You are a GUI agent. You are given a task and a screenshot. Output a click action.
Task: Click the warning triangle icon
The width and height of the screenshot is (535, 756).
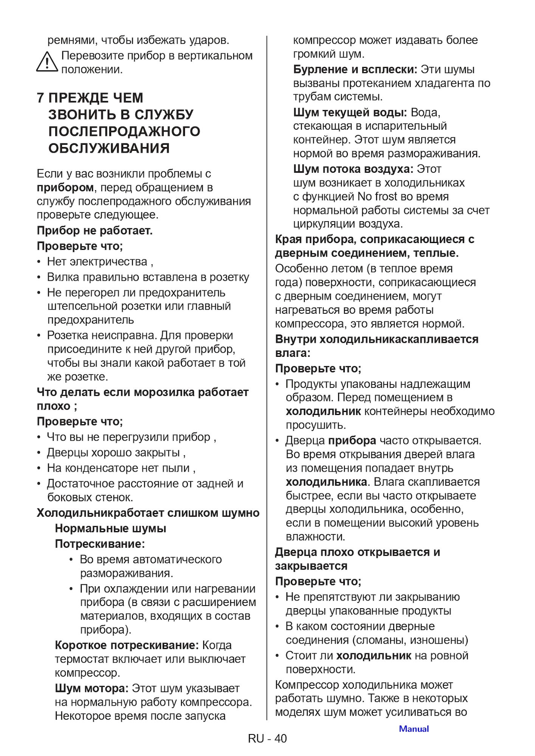47,62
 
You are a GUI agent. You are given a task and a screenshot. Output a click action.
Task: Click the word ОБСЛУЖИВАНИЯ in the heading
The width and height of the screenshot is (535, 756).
109,148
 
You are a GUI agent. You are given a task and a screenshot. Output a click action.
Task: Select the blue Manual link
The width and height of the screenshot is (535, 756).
414,729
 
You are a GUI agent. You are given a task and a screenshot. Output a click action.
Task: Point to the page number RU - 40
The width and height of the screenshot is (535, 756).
267,738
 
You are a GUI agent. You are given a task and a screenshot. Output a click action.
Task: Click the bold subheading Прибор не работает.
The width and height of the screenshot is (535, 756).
95,231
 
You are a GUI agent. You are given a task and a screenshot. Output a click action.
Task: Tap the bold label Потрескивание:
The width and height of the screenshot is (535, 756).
100,544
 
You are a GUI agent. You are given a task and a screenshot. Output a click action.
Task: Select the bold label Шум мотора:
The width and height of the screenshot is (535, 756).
91,688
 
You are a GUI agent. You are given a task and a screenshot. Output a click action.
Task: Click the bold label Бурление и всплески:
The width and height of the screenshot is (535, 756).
355,70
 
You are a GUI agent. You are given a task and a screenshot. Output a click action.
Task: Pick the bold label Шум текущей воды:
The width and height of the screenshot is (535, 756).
350,112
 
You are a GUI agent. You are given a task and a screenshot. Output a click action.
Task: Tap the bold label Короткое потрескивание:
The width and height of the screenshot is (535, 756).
127,645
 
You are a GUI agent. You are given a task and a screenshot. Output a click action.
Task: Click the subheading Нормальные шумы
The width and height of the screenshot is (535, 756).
110,528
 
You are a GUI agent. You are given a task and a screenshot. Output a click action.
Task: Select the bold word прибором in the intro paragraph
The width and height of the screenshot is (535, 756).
65,187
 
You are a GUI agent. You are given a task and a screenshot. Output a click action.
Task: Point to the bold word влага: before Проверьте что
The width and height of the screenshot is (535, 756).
293,353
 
